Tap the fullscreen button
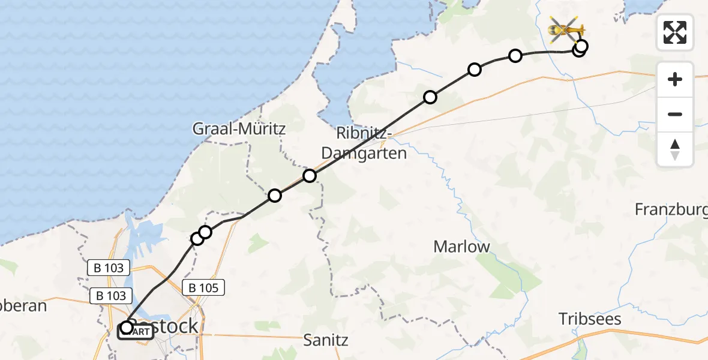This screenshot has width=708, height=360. coord(675,32)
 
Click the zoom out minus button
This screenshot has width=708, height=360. coord(675,114)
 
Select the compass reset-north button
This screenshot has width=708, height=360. coord(675,149)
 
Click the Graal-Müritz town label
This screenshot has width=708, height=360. coord(239,128)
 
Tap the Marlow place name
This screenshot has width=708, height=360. coord(461,246)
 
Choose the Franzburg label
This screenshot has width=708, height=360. coord(671,209)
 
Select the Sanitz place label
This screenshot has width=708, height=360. coord(326,340)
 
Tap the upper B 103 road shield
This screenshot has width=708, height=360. coord(109,268)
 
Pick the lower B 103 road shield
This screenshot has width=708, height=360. coord(109,296)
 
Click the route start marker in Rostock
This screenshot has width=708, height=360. coord(127,327)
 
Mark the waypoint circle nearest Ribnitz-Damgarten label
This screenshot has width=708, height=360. coord(309,176)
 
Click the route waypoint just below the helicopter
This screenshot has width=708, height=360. coord(581,46)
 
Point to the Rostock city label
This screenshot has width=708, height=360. coord(171,326)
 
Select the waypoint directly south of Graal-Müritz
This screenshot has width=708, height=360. coord(274,195)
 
